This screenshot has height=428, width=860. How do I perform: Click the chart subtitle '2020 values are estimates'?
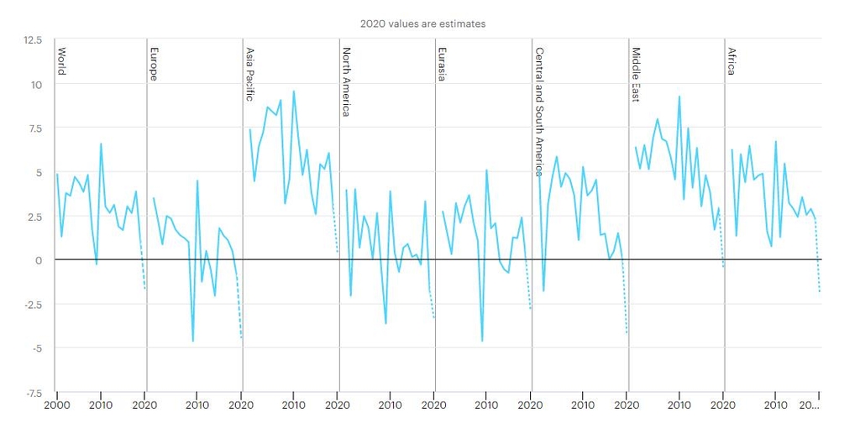422,23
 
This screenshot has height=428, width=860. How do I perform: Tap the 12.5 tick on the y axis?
31,40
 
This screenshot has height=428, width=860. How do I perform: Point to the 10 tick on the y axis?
35,84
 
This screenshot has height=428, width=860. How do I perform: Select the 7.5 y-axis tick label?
33,128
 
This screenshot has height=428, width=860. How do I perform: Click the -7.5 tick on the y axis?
31,392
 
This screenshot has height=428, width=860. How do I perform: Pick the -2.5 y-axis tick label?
31,304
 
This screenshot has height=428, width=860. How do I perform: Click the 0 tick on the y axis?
39,260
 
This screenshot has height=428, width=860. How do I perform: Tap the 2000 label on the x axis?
56,405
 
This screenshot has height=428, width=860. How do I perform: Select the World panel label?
61,60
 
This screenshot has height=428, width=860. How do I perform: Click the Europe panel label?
154,63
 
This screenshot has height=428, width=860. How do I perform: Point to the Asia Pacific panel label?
249,74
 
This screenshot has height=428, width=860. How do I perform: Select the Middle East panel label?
635,75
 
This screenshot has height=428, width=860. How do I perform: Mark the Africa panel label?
732,60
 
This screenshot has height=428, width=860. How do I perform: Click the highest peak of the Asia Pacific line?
294,91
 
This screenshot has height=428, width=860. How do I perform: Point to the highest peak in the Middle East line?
679,97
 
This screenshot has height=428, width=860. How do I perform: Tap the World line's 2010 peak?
101,144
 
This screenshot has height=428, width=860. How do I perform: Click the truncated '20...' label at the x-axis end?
809,405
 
